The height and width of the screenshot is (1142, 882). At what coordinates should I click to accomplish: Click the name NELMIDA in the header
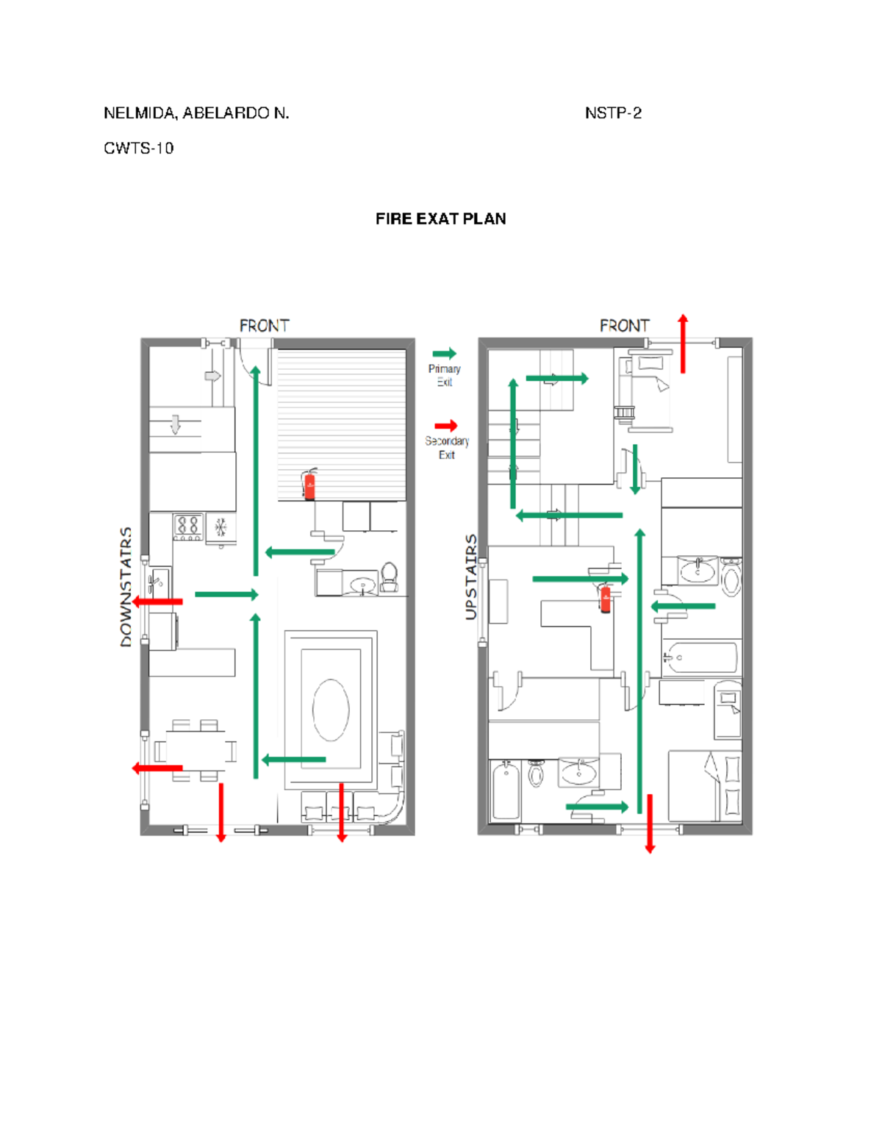[x=140, y=113]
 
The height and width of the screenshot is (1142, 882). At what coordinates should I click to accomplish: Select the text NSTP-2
[x=613, y=113]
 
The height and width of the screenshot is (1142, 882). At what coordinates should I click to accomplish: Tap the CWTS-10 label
[x=138, y=149]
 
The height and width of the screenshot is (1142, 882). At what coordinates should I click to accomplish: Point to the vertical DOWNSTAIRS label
[x=126, y=587]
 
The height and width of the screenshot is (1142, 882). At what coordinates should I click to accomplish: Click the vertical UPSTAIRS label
[x=471, y=577]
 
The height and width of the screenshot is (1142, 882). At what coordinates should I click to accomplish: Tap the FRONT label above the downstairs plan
[x=264, y=326]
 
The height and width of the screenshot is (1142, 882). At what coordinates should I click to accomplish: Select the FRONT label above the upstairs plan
[x=625, y=326]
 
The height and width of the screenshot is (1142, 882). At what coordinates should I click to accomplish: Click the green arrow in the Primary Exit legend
[x=445, y=354]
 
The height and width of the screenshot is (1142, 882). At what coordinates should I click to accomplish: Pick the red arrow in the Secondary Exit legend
[x=446, y=426]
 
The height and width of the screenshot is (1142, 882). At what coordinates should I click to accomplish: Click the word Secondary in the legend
[x=447, y=441]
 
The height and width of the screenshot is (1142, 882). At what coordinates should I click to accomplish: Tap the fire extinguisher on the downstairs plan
[x=310, y=484]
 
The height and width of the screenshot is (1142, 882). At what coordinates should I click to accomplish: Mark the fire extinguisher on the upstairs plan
[x=605, y=598]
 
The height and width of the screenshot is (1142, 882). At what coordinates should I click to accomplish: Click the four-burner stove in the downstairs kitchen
[x=188, y=527]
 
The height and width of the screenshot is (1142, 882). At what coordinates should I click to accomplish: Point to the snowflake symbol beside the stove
[x=220, y=527]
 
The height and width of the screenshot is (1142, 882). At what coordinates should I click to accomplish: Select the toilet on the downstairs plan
[x=389, y=577]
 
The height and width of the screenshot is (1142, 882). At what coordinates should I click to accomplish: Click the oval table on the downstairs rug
[x=331, y=710]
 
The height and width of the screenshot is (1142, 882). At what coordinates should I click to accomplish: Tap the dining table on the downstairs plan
[x=196, y=751]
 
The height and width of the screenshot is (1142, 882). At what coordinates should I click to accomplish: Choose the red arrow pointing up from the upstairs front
[x=683, y=343]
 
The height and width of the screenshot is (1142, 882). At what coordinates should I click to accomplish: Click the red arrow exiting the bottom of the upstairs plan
[x=650, y=824]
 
